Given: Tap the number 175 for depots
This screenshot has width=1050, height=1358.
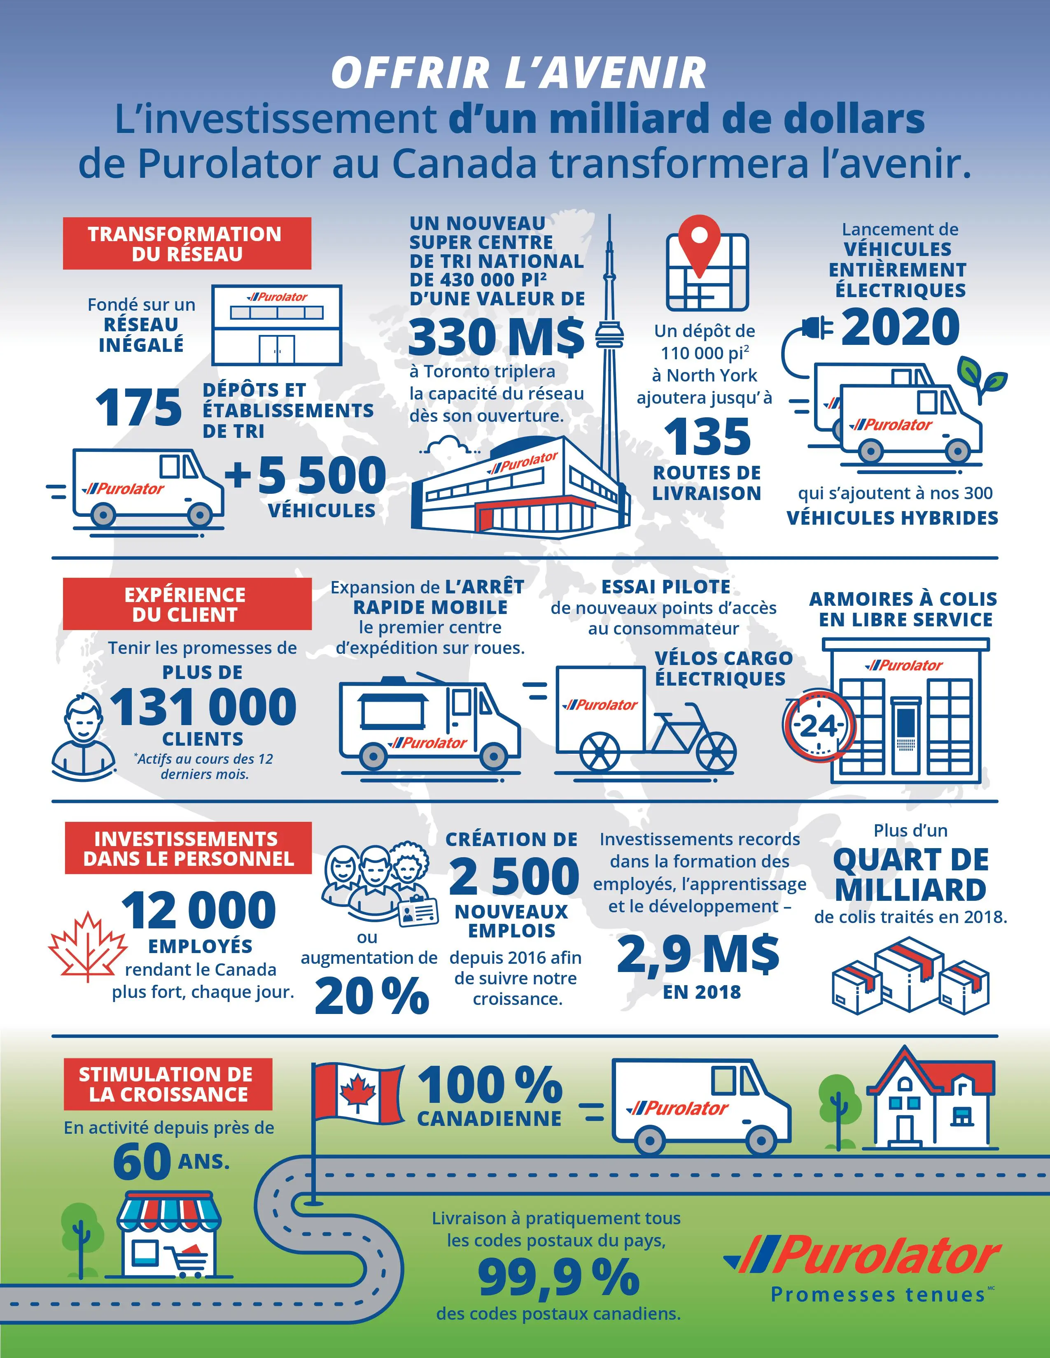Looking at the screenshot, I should click(x=139, y=408).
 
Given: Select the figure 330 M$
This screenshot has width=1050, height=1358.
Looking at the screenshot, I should click(x=497, y=336).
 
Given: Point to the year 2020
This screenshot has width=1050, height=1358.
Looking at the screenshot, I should click(x=901, y=327).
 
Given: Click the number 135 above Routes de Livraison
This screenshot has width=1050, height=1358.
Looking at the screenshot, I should click(x=707, y=437).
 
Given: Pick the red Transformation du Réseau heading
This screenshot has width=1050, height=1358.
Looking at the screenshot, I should click(x=187, y=244).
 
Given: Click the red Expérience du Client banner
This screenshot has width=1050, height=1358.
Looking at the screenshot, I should click(x=187, y=605).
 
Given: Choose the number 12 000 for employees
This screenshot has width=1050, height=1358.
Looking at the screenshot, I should click(x=199, y=910).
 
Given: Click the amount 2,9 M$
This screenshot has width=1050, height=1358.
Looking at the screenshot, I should click(x=698, y=954).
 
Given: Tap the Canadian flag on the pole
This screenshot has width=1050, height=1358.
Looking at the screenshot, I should click(x=357, y=1093).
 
